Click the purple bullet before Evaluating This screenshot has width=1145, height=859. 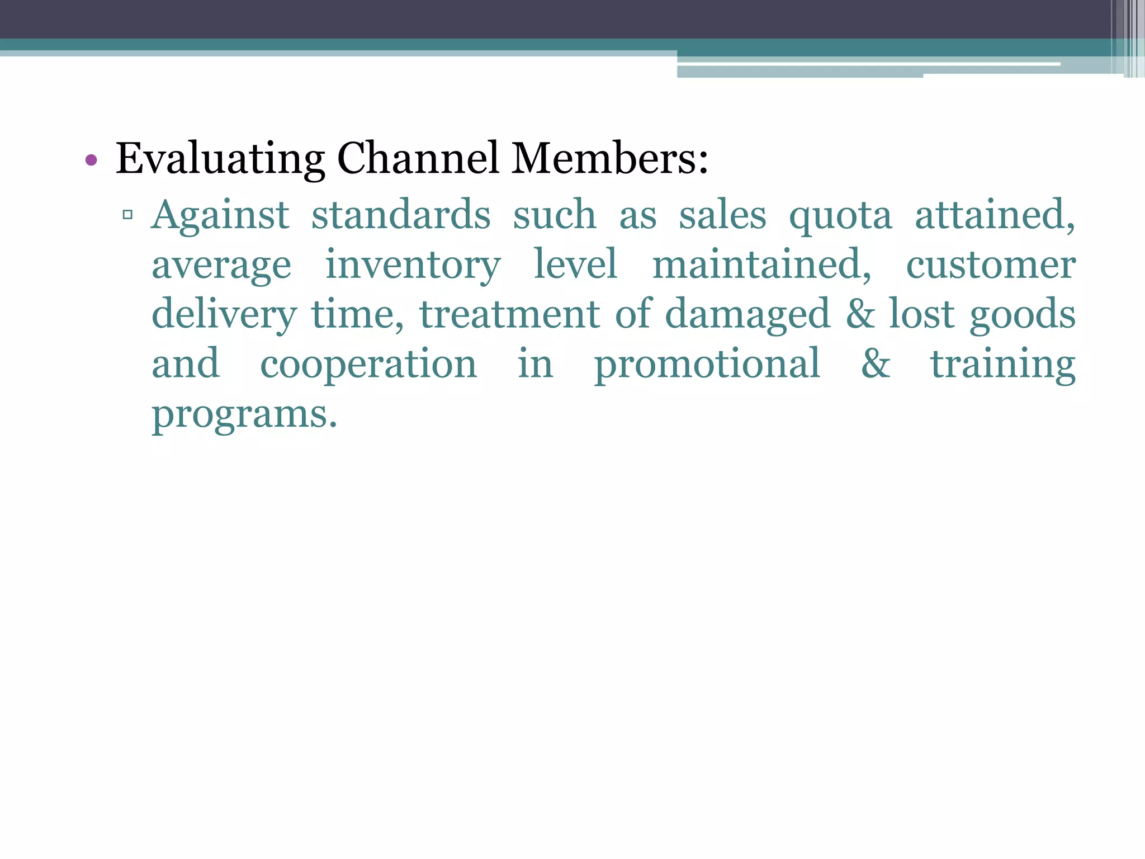91,161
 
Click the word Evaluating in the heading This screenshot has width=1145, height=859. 220,159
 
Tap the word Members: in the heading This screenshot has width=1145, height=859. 610,158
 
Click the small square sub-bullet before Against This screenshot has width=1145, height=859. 127,214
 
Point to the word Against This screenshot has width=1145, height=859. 220,215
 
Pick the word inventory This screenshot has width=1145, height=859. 413,265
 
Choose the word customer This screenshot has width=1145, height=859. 991,265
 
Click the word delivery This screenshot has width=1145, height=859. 224,314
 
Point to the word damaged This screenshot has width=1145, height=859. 747,314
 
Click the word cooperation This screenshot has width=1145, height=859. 368,364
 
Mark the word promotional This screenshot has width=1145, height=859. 707,364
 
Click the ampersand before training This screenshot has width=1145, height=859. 876,364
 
